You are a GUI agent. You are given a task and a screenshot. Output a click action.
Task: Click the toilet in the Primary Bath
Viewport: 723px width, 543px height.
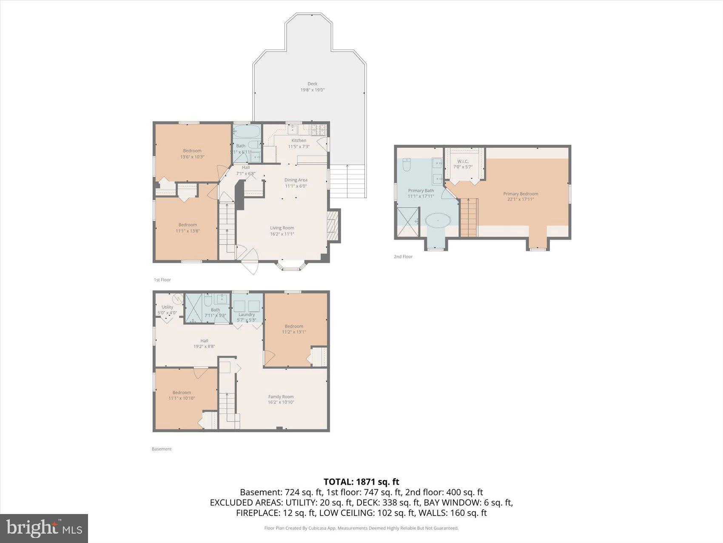pos(407,165)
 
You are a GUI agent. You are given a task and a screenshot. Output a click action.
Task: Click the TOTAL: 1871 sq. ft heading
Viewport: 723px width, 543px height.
pos(361,482)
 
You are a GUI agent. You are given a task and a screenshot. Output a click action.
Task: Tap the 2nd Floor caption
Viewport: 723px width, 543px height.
pos(403,256)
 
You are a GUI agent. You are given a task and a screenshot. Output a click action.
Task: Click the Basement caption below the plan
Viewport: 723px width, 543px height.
pos(162,449)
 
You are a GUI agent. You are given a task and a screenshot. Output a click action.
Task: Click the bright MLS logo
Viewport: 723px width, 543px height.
pos(44,529)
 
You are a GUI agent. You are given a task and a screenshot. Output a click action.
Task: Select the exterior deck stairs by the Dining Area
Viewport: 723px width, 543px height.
pos(347,181)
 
